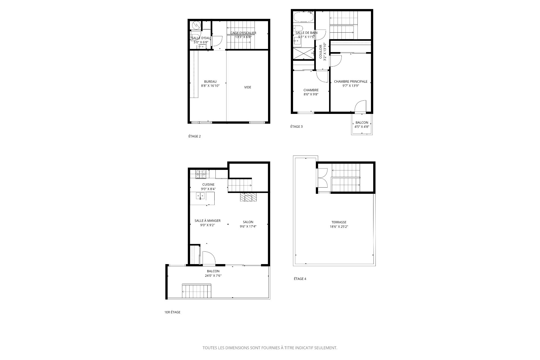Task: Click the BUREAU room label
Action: click(x=210, y=82)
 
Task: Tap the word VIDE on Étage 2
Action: click(x=247, y=87)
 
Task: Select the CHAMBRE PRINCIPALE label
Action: click(x=350, y=82)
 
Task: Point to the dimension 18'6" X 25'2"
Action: click(x=339, y=226)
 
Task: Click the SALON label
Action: click(x=248, y=222)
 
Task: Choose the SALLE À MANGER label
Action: click(x=207, y=221)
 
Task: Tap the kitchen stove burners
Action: click(x=201, y=174)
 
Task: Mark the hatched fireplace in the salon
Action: click(x=248, y=197)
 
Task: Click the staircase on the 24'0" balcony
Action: click(x=196, y=291)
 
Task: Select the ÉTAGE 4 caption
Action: click(x=300, y=279)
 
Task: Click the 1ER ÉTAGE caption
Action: click(x=172, y=312)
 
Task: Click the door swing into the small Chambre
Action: click(x=322, y=76)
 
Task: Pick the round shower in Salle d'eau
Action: click(x=196, y=25)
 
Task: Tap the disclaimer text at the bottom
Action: click(x=270, y=348)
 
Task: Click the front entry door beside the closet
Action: click(x=208, y=258)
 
